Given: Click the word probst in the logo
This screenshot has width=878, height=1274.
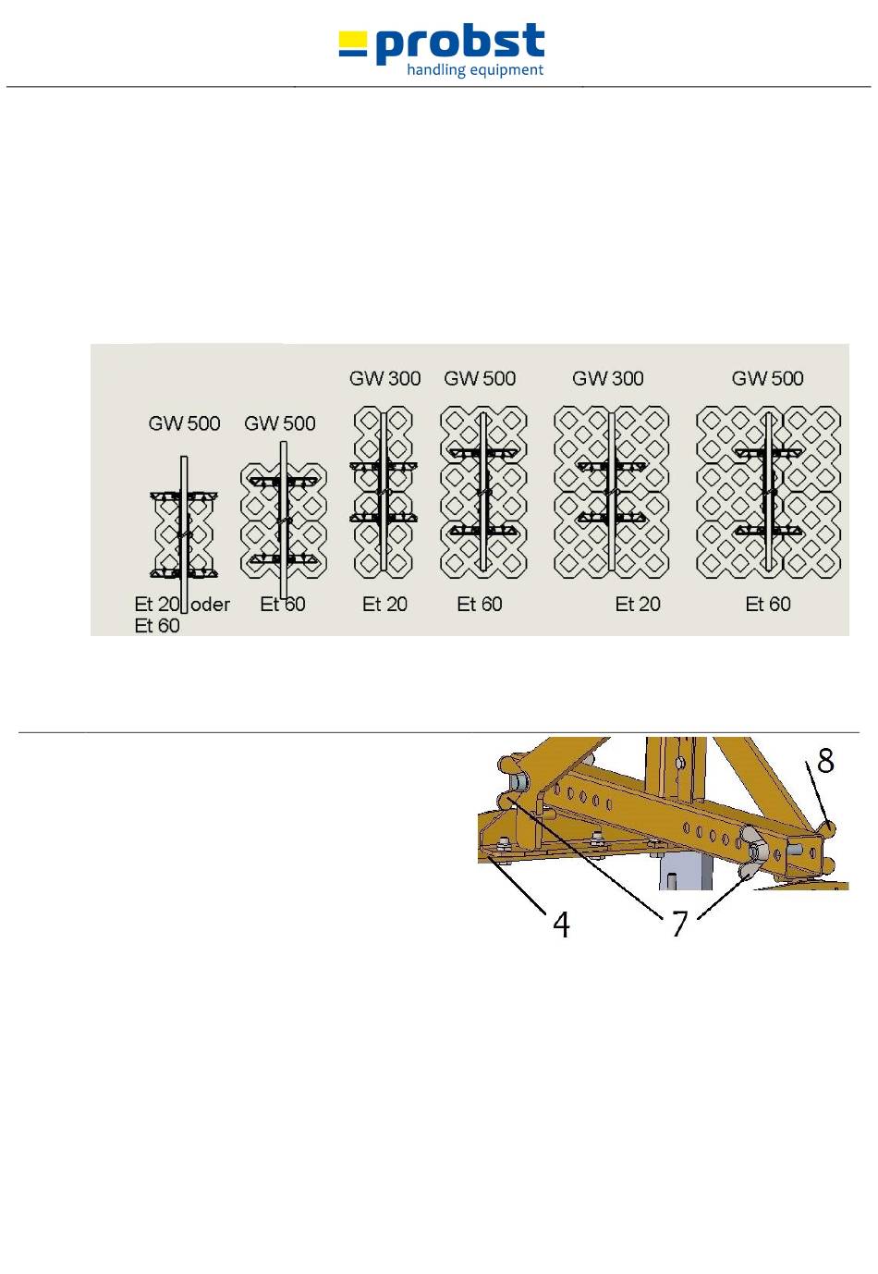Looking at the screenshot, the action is [459, 43].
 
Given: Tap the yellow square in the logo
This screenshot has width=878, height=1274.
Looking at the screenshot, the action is [353, 40].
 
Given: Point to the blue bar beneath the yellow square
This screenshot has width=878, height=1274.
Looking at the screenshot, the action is [353, 53].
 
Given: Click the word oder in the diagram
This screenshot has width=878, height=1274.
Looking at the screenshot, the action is [211, 604].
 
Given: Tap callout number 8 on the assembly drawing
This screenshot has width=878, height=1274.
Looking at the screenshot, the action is [825, 760].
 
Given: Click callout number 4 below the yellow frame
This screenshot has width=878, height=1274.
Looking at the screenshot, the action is [561, 925].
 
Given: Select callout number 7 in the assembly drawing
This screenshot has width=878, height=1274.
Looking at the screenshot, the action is [679, 924].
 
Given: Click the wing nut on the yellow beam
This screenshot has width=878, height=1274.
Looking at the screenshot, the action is [754, 852].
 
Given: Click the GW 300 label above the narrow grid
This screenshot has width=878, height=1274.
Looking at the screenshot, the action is [384, 378].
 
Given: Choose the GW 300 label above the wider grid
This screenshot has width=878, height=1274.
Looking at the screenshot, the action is [607, 378].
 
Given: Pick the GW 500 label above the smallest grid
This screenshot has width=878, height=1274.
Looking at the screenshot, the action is [184, 423].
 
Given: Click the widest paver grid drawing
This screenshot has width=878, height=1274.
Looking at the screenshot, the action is [768, 493].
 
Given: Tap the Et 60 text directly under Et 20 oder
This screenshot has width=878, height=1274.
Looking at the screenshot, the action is [157, 626].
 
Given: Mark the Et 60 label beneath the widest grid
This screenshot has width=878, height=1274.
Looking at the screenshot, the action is [768, 604].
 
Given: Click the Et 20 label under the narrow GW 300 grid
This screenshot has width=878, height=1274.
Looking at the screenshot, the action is [385, 604].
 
